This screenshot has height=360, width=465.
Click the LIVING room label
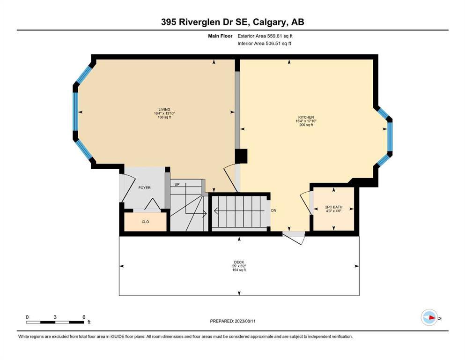click(164, 110)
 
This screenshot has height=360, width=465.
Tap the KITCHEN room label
click(306, 117)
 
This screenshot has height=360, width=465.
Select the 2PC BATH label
click(333, 207)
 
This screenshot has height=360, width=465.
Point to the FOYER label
click(144, 188)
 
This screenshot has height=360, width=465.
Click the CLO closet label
click(145, 222)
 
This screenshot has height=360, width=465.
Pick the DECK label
click(239, 262)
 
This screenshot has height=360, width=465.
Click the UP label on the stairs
click(177, 184)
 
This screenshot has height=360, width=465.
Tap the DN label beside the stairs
click(274, 210)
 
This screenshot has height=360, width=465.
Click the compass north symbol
click(429, 317)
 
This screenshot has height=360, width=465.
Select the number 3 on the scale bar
click(55, 317)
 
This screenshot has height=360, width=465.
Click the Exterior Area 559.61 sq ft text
click(265, 36)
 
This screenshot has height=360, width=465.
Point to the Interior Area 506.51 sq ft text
click(264, 43)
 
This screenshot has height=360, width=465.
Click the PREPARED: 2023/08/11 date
click(233, 321)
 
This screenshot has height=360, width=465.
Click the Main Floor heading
click(221, 36)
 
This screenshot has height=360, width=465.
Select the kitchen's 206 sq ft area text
click(306, 125)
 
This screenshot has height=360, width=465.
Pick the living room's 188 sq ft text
click(164, 117)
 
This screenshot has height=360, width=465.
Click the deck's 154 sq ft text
click(239, 270)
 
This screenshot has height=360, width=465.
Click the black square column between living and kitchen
click(241, 156)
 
